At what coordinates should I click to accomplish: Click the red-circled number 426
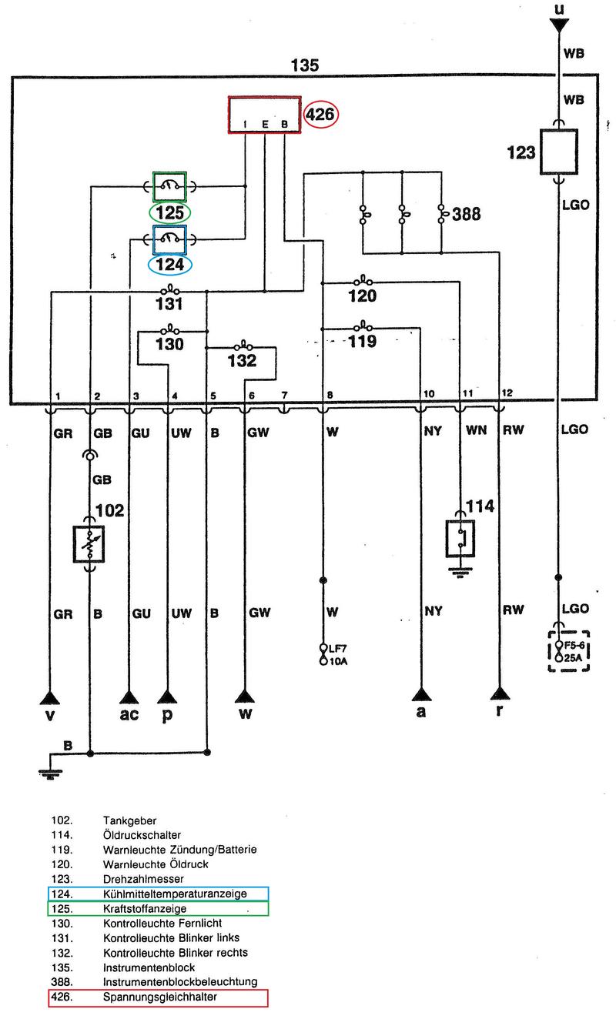coord(320,115)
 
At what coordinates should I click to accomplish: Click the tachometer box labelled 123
coord(561,151)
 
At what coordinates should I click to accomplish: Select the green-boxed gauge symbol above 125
coord(169,185)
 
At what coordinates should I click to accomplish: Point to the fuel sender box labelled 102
coord(89,544)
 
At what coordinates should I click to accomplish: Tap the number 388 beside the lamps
coord(469,213)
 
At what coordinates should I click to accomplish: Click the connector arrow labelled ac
coord(129,697)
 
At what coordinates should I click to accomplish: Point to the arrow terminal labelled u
coord(560,25)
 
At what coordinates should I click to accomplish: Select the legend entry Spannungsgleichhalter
coord(159,997)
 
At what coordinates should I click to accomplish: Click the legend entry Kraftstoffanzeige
coord(145,908)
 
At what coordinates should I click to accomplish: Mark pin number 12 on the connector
coord(506,394)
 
